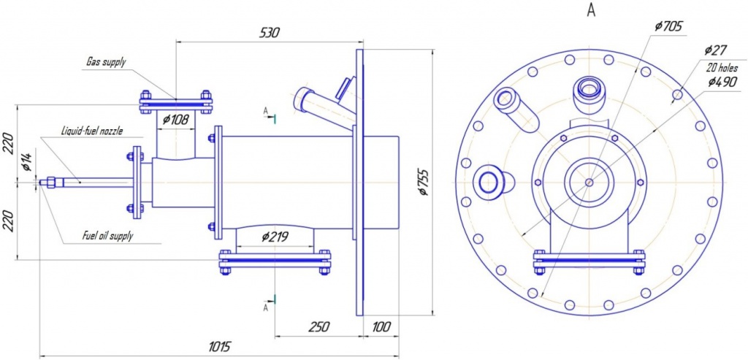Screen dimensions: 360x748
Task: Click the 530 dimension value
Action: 268,33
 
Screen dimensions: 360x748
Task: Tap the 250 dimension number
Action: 318,326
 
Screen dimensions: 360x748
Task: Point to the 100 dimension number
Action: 381,326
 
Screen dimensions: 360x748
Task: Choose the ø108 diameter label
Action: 175,120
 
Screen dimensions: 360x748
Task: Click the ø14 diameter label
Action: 27,163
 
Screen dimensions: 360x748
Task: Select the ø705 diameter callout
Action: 668,26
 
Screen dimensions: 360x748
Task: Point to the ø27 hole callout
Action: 715,50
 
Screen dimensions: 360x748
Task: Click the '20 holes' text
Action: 721,66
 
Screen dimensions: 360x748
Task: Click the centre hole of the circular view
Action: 589,183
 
